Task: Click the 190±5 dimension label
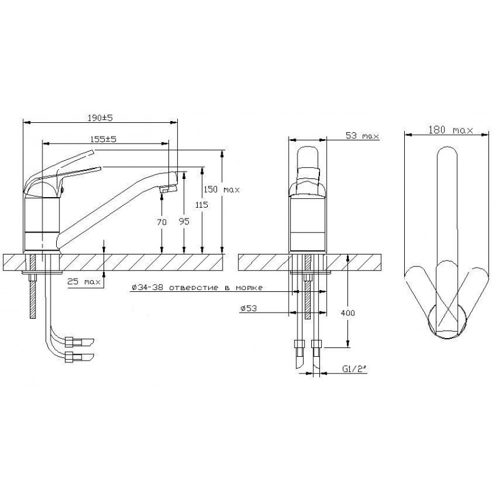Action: (100, 118)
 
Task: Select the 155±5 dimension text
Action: (104, 139)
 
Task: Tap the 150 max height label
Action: (221, 190)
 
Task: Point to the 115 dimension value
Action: (201, 205)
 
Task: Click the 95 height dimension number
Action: (184, 221)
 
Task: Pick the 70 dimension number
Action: (162, 222)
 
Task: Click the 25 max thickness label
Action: (84, 282)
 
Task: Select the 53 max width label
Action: (362, 135)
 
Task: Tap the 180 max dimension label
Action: (450, 130)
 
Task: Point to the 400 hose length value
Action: (348, 313)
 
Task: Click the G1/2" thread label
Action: (354, 369)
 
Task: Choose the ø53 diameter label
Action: (248, 308)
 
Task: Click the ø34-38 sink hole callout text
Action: (197, 288)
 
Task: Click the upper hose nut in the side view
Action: (69, 341)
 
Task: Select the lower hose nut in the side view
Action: (69, 357)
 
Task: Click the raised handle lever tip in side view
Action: (93, 152)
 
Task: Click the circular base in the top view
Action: (447, 321)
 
